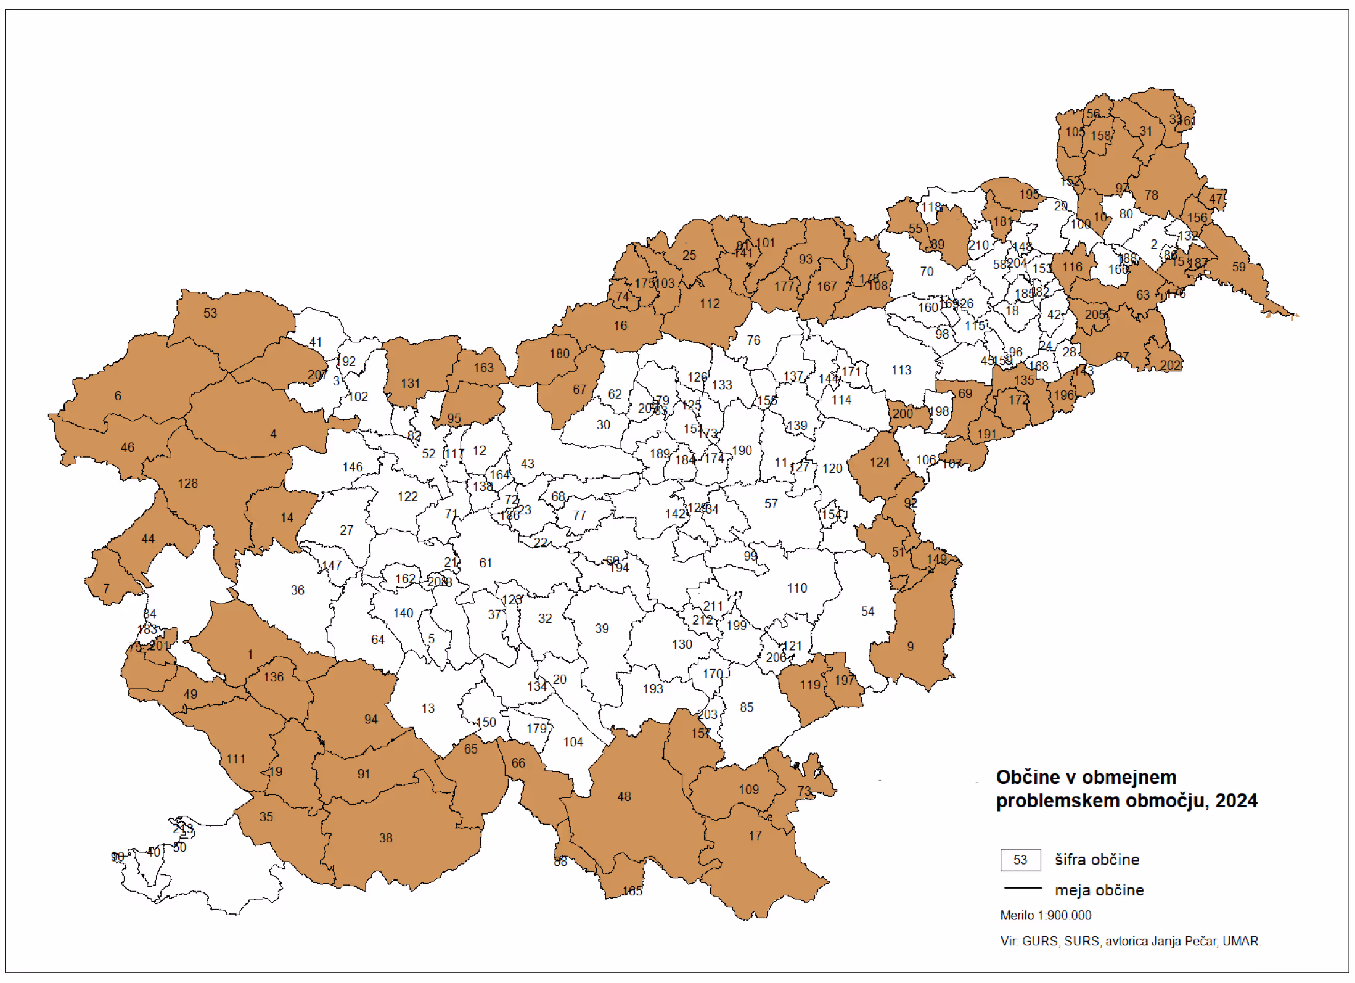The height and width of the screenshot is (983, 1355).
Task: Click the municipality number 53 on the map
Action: [210, 313]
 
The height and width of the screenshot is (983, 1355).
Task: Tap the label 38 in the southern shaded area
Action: [385, 838]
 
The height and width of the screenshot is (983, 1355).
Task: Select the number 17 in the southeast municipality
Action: [755, 836]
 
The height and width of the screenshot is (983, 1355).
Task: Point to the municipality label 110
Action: [796, 588]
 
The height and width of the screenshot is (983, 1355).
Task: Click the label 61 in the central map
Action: [486, 563]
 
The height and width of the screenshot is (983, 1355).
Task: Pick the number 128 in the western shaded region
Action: [188, 483]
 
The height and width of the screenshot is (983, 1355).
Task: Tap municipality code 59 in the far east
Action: [1239, 267]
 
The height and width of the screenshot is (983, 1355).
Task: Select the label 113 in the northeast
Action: [901, 370]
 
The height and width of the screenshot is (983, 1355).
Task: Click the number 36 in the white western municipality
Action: [298, 590]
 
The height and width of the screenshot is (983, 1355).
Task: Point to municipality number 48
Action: [624, 797]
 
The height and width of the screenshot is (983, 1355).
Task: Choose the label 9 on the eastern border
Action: [911, 647]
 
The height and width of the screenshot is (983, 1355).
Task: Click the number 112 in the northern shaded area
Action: [710, 304]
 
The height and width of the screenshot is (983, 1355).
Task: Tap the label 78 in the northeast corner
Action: [1151, 195]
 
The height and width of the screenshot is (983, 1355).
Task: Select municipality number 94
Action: [371, 719]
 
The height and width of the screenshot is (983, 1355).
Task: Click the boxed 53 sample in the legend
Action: [1020, 860]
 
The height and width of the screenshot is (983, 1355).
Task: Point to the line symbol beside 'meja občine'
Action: [1022, 889]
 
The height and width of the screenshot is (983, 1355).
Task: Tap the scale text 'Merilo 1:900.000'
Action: [1046, 916]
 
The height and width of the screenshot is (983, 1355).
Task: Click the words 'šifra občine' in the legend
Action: [1097, 860]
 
